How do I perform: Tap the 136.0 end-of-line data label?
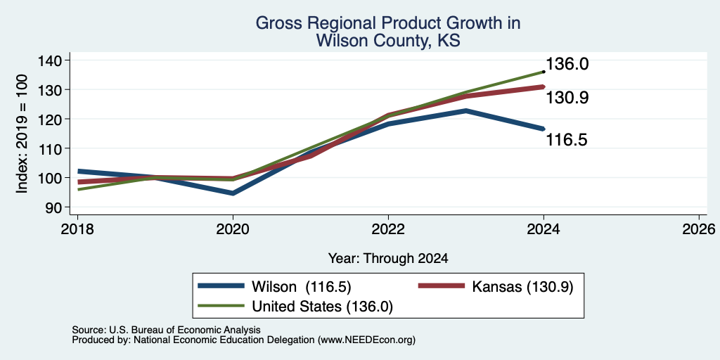pyautogui.click(x=567, y=64)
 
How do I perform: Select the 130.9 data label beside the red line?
pyautogui.click(x=567, y=98)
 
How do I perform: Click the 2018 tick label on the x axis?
pyautogui.click(x=77, y=229)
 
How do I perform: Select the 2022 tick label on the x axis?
pyautogui.click(x=388, y=229)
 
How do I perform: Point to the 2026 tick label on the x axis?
pyautogui.click(x=700, y=229)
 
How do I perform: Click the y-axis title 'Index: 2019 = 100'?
pyautogui.click(x=22, y=134)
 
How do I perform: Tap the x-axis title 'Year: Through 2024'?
pyautogui.click(x=388, y=259)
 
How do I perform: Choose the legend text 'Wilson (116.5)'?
pyautogui.click(x=301, y=287)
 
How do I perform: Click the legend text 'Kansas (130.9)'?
pyautogui.click(x=522, y=287)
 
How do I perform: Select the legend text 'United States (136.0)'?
pyautogui.click(x=322, y=307)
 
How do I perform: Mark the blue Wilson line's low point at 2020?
pyautogui.click(x=233, y=193)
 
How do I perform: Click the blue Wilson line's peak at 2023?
pyautogui.click(x=466, y=110)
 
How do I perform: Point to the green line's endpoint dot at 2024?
pyautogui.click(x=544, y=72)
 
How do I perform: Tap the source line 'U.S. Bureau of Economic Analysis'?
pyautogui.click(x=185, y=330)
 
